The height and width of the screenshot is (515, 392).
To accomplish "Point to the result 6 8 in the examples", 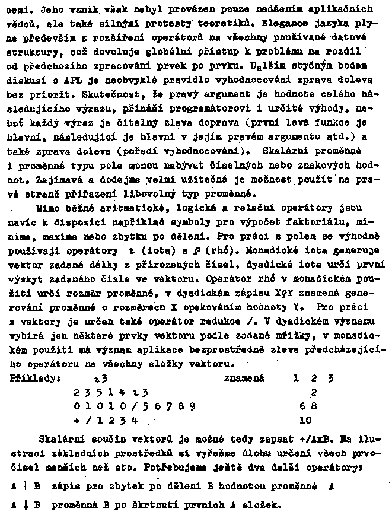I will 308,406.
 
